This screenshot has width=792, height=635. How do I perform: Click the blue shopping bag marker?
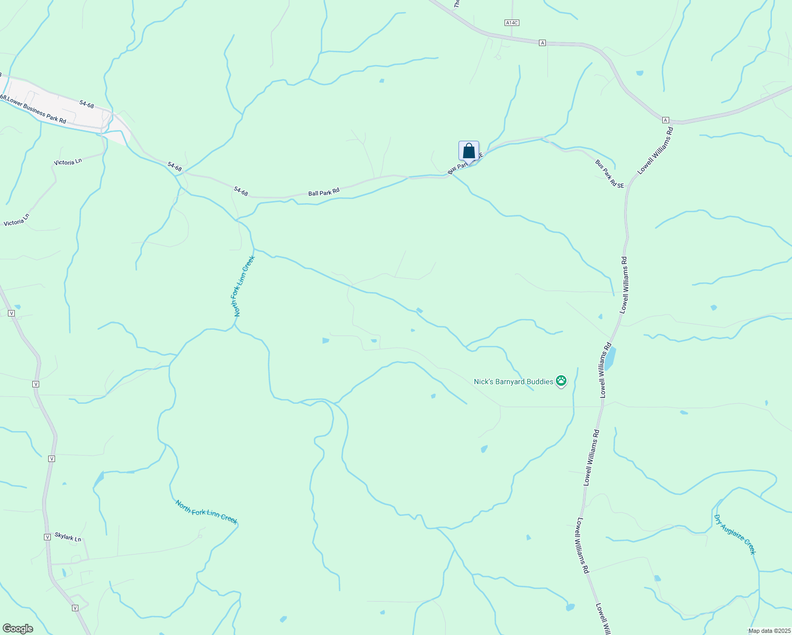(x=469, y=151)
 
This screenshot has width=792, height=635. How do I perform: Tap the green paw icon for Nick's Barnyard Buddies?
(x=561, y=380)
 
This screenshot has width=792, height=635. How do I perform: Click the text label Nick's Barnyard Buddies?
(x=513, y=382)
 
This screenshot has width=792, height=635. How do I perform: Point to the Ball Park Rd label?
(x=323, y=192)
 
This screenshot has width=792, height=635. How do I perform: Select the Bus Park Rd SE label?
(x=610, y=174)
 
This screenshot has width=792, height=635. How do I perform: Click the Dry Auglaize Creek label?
(x=735, y=534)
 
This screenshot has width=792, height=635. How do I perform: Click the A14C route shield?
(x=511, y=23)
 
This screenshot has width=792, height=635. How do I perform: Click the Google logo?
(x=17, y=629)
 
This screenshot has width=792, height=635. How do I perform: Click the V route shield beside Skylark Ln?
(x=47, y=537)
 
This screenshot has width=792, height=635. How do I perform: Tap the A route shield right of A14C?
(x=542, y=43)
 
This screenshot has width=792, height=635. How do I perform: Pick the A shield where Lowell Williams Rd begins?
(x=665, y=120)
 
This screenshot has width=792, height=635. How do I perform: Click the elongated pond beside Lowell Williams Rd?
(x=609, y=359)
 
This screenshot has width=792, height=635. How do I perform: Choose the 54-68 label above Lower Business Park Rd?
(x=87, y=104)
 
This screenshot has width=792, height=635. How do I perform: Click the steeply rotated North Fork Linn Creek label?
(x=245, y=286)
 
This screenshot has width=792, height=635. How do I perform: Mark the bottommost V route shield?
(x=75, y=608)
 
